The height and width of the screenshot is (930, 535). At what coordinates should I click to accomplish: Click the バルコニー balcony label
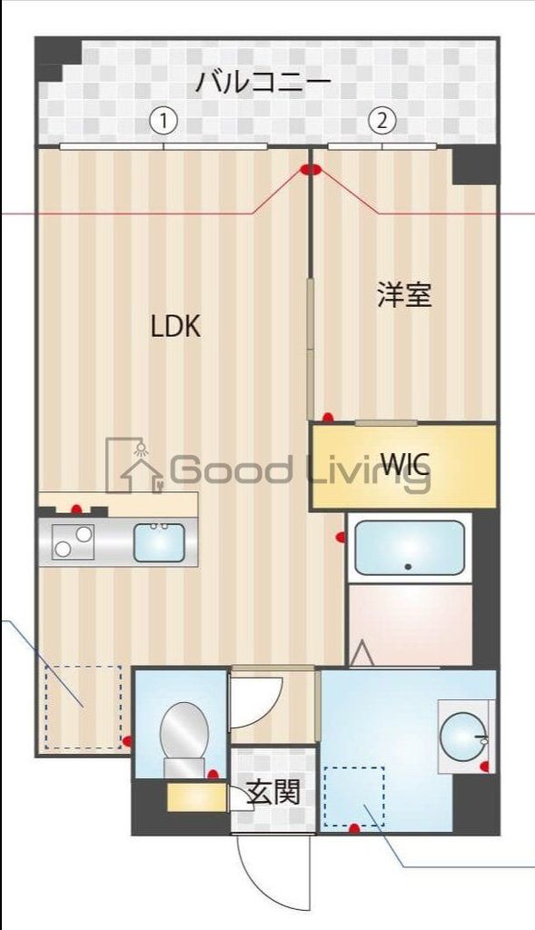(263, 84)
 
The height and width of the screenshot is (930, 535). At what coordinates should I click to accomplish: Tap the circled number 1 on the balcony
(163, 120)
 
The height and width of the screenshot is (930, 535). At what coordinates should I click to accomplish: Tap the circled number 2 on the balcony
(382, 120)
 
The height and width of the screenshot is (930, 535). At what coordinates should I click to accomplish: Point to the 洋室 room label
(404, 294)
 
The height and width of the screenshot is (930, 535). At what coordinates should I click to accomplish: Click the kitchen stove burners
(74, 542)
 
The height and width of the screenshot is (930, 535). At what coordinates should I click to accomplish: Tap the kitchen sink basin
(159, 542)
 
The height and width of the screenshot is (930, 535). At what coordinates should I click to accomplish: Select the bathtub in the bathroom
(409, 548)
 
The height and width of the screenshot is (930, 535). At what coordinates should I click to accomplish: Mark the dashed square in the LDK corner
(83, 707)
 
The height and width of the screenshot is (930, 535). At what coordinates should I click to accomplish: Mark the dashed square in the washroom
(354, 796)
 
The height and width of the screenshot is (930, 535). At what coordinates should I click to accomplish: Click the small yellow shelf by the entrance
(196, 796)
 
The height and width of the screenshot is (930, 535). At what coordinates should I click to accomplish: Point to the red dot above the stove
(77, 510)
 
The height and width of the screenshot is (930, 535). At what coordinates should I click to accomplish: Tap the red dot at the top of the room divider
(311, 169)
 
